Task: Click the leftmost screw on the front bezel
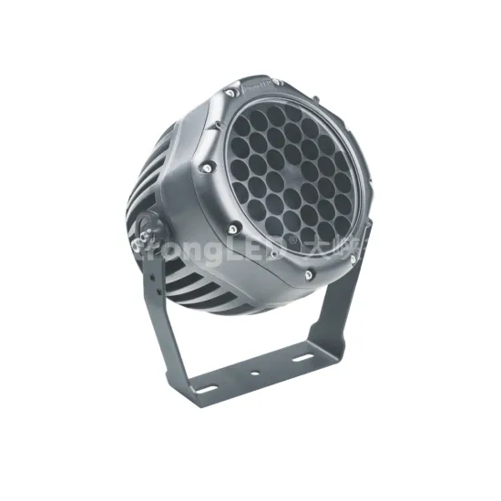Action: [x=208, y=168]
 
